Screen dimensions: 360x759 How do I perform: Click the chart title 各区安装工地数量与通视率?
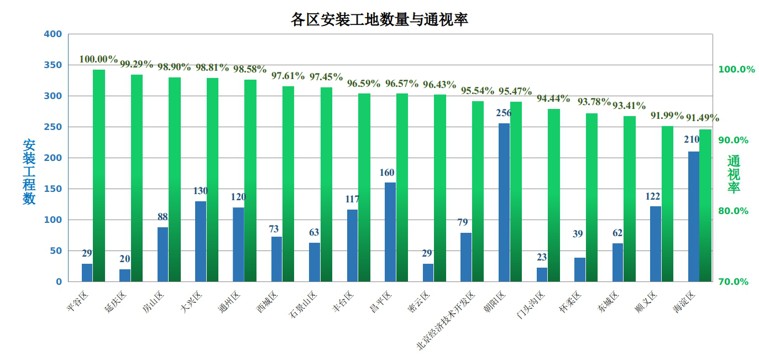click(379, 20)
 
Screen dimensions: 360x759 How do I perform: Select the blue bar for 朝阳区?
click(504, 202)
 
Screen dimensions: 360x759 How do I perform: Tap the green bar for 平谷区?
click(99, 176)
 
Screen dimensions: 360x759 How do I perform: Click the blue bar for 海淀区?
click(693, 216)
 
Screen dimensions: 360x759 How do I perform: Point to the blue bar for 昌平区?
click(390, 232)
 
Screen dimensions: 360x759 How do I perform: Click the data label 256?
click(504, 113)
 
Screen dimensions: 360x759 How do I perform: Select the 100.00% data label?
click(98, 59)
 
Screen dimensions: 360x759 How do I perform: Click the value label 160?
click(387, 173)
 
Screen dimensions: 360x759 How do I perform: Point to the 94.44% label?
click(553, 98)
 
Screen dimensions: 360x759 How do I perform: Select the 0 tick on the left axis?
click(59, 282)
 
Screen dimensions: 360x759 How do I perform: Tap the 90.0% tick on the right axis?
click(733, 140)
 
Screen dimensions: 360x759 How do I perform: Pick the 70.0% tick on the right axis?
click(733, 282)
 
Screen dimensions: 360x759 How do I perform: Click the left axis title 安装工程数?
click(29, 171)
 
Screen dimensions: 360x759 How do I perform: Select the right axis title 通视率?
click(733, 174)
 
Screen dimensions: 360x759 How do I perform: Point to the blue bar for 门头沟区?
click(542, 275)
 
